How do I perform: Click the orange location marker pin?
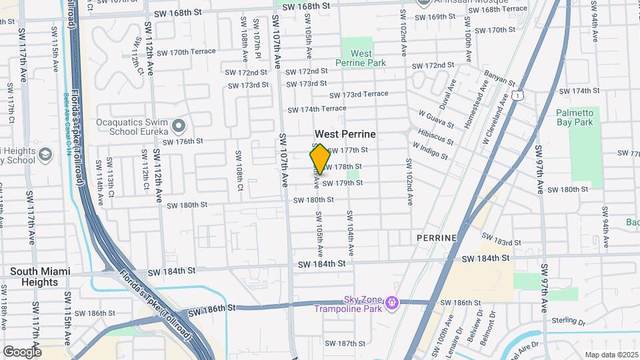320,159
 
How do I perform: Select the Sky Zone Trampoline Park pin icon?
392,303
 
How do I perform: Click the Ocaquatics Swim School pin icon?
177,125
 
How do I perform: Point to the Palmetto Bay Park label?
574,117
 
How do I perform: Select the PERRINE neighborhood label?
437,238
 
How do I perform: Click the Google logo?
22,351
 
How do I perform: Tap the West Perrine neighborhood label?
345,134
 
